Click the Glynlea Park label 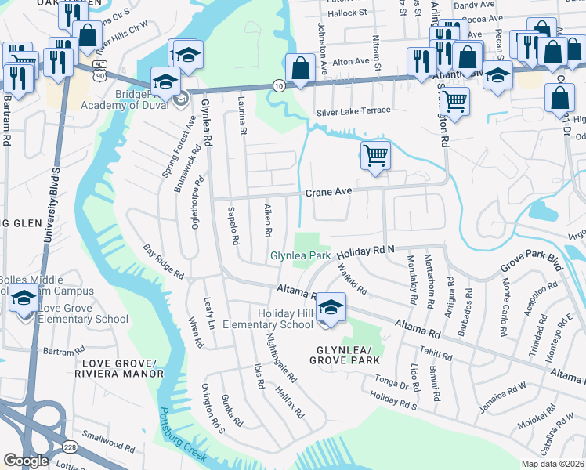click(300, 255)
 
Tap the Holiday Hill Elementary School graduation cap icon click(331, 306)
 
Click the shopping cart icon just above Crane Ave click(375, 156)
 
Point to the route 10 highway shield click(278, 85)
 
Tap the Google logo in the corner click(26, 460)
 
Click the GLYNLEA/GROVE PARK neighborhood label click(345, 355)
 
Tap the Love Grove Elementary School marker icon click(25, 301)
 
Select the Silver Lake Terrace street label click(353, 111)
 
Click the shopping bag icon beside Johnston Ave click(300, 68)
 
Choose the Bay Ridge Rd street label click(164, 262)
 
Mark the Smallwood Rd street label click(108, 444)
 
